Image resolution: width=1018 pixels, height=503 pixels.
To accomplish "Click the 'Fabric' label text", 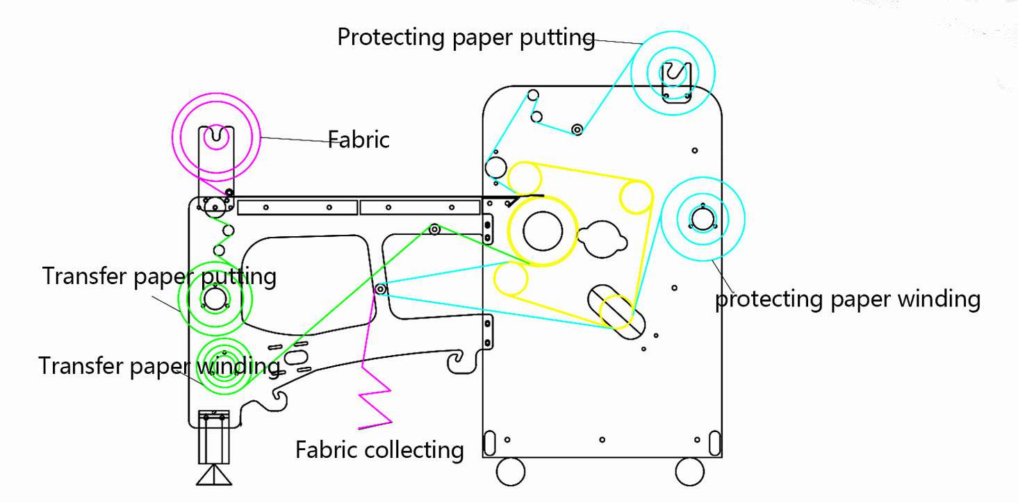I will click(x=359, y=140).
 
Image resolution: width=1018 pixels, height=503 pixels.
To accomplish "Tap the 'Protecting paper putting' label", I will click(x=466, y=37).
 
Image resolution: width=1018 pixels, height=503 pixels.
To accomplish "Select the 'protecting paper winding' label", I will click(x=848, y=299).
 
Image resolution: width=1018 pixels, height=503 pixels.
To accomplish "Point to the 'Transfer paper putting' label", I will click(x=159, y=276).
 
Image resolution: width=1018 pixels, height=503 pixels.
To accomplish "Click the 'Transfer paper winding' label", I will click(x=159, y=365).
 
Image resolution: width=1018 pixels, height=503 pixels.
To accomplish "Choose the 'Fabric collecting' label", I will click(x=379, y=450).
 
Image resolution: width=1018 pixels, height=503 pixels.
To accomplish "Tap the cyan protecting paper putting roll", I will click(x=673, y=72).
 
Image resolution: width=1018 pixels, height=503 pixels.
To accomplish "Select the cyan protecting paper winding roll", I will click(x=703, y=220).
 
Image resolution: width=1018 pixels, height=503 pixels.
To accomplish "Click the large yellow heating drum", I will click(x=543, y=231).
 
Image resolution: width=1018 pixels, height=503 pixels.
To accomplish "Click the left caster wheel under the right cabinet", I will click(x=511, y=471).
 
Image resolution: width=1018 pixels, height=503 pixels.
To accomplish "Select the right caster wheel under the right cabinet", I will click(x=691, y=471).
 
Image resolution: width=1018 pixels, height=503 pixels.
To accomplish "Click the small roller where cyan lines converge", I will click(x=380, y=288).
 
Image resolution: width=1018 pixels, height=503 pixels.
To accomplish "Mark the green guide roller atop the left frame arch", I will click(x=434, y=229).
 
